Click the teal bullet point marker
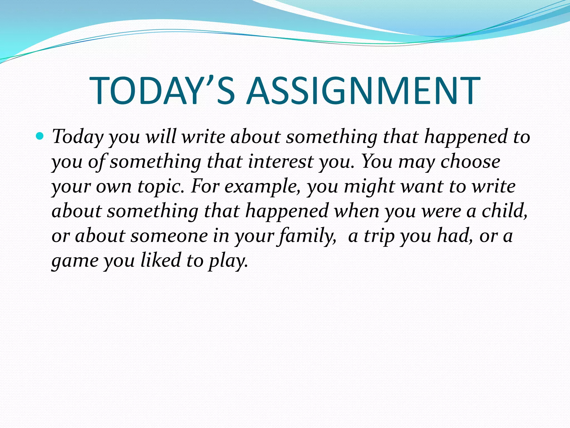click(x=40, y=136)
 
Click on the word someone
click(x=169, y=236)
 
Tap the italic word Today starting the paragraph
click(x=78, y=137)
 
